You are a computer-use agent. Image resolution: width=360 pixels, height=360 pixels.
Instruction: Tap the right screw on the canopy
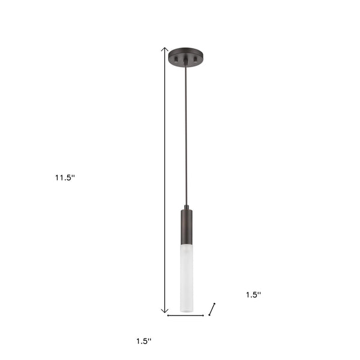pyautogui.click(x=196, y=59)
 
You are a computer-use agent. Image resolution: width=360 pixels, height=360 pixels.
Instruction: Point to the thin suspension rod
pyautogui.click(x=187, y=132)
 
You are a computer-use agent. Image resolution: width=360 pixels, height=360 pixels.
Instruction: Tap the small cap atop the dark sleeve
pyautogui.click(x=187, y=207)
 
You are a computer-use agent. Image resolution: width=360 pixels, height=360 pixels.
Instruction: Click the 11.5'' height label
pyautogui.click(x=65, y=178)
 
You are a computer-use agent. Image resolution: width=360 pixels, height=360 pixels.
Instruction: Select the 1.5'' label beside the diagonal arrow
pyautogui.click(x=253, y=294)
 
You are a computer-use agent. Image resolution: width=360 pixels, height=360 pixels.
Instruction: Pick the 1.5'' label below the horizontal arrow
pyautogui.click(x=143, y=341)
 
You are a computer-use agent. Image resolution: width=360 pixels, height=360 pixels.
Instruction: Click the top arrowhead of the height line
pyautogui.click(x=164, y=48)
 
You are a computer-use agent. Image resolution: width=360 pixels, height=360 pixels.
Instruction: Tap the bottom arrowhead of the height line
pyautogui.click(x=164, y=312)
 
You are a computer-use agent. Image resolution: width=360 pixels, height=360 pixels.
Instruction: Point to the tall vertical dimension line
pyautogui.click(x=164, y=180)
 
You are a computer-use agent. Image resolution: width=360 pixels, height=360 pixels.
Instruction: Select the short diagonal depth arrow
pyautogui.click(x=211, y=309)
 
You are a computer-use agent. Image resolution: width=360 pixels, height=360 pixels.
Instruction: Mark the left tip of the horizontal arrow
pyautogui.click(x=168, y=315)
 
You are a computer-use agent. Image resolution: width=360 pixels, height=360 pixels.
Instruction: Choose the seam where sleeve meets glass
pyautogui.click(x=187, y=245)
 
